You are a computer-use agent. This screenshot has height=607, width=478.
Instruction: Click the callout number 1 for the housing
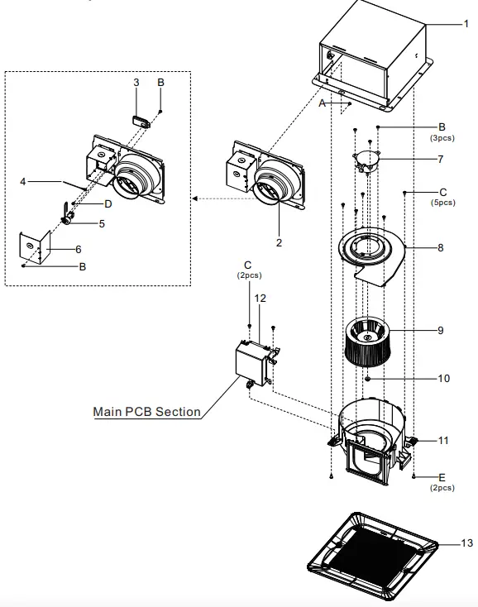pos(466,24)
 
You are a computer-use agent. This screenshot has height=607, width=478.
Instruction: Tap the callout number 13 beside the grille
pos(467,543)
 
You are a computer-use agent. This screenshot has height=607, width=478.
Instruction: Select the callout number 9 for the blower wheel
pos(441,330)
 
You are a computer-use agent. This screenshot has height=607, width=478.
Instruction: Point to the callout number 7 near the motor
pos(441,159)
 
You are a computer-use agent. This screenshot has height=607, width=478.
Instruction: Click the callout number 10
pos(444,378)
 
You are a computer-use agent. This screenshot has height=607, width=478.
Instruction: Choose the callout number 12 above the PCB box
pos(260,297)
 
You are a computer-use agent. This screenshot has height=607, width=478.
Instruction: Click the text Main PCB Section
pos(146,411)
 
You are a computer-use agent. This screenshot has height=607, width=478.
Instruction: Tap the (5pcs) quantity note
pos(442,203)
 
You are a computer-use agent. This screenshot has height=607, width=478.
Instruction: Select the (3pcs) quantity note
pos(442,138)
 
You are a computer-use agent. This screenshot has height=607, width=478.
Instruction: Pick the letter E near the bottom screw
pos(442,478)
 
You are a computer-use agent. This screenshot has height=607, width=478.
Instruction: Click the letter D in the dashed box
pos(108,203)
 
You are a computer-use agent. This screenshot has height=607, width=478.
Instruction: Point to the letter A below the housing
pos(322,103)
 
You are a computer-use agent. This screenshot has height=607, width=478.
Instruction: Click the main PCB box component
pos(252,363)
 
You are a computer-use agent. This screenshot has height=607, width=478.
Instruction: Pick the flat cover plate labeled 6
pos(35,246)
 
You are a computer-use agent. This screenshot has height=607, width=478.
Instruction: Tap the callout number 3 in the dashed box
pos(136,82)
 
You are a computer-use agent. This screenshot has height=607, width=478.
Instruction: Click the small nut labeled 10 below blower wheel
pos(366,378)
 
